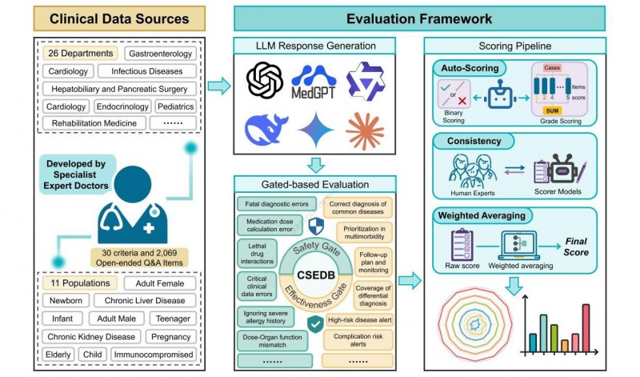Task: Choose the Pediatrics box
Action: click(174, 106)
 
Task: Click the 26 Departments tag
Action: click(80, 53)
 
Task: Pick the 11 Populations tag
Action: click(79, 283)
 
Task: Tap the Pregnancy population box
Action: click(170, 336)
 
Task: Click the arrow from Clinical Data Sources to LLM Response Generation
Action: click(218, 86)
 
